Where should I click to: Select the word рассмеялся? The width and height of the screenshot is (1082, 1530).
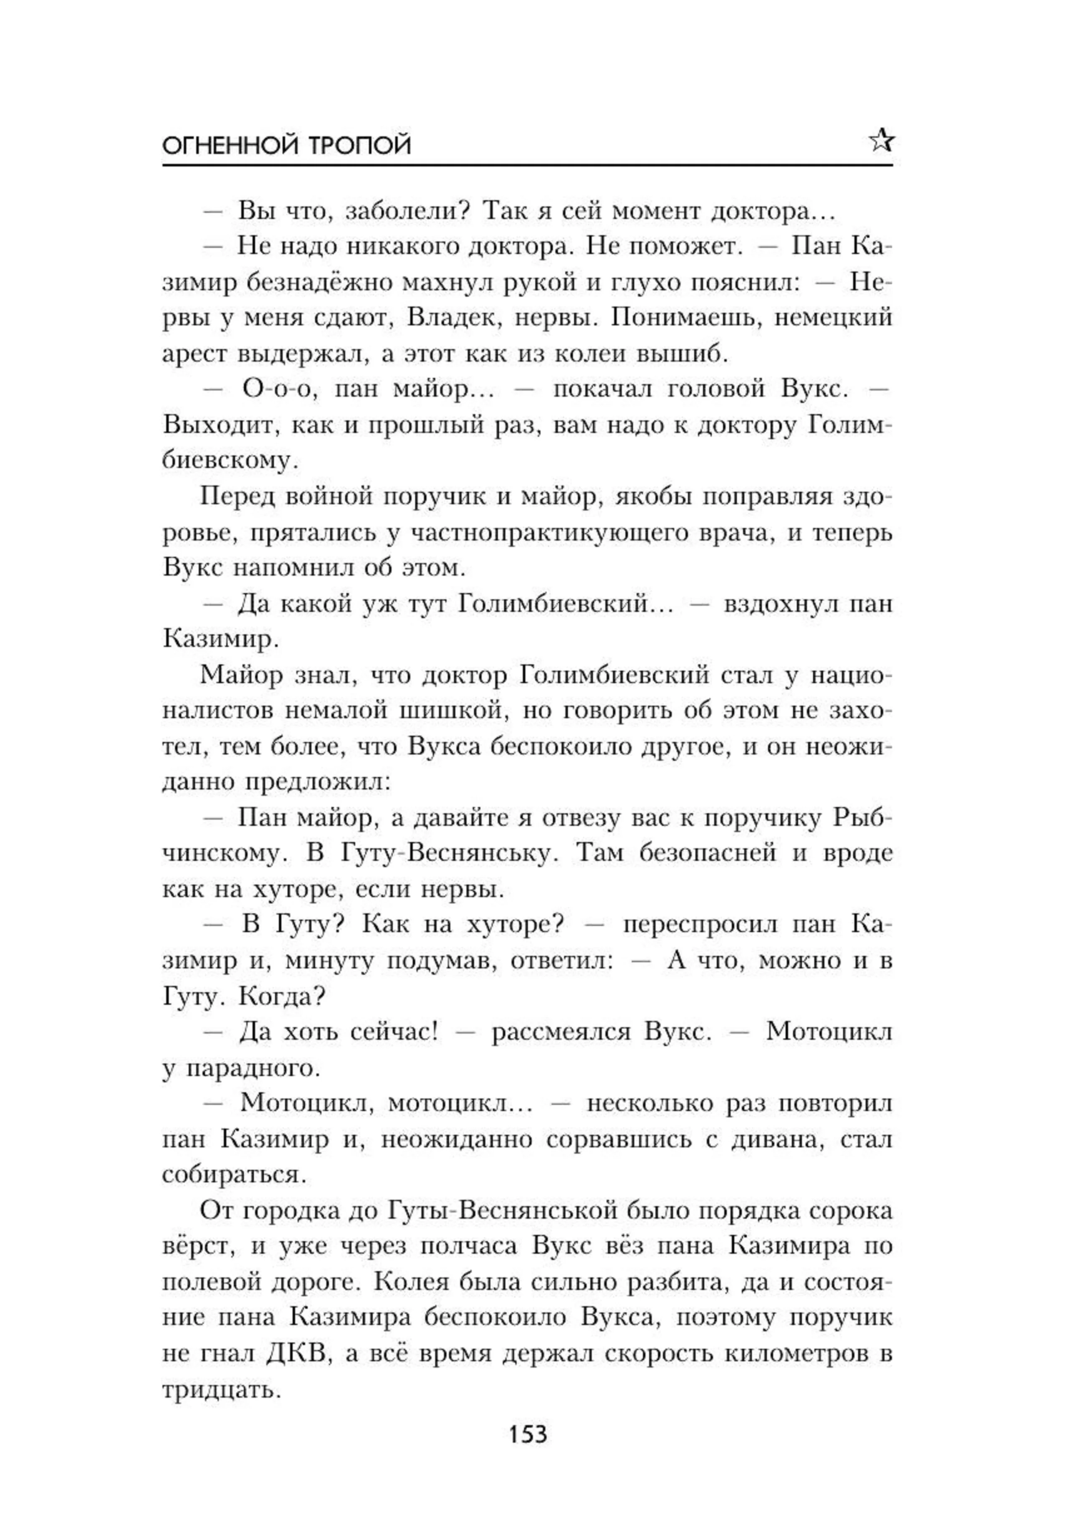[x=561, y=1032]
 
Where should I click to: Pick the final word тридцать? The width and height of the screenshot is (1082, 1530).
[x=219, y=1391]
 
